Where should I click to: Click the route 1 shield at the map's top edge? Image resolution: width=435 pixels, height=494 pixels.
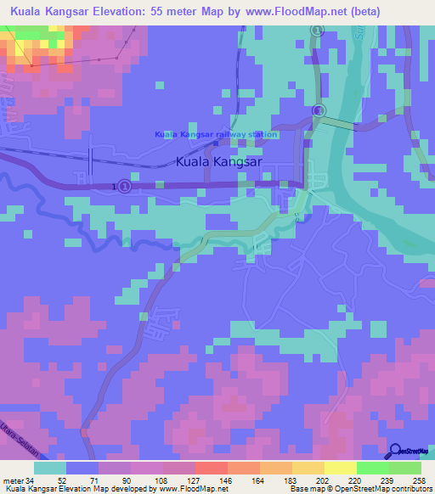coord(316,31)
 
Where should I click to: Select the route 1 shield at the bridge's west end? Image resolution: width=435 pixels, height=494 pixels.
coord(318,111)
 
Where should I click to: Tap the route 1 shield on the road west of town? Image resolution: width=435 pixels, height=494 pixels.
coord(124,186)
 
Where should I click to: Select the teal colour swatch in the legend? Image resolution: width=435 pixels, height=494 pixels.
coord(49,468)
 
